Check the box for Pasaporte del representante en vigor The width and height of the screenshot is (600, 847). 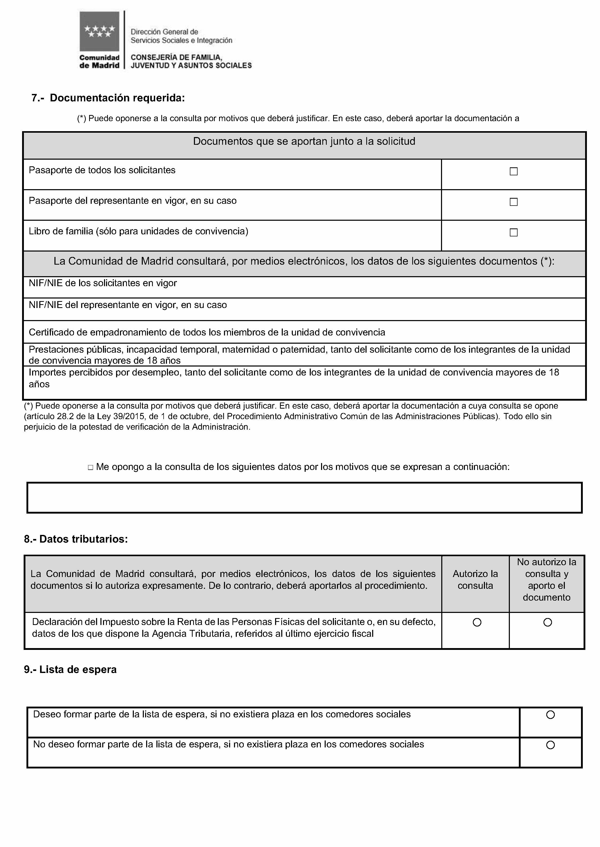(513, 202)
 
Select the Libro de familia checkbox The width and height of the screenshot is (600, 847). (513, 233)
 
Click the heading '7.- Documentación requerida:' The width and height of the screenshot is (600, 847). (108, 98)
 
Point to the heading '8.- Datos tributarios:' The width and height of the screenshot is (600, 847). (76, 539)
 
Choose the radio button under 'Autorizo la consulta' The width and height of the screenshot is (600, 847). (477, 622)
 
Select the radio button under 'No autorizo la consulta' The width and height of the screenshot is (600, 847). (548, 622)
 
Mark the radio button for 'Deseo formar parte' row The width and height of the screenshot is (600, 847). (550, 715)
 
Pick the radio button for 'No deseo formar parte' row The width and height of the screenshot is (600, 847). (550, 745)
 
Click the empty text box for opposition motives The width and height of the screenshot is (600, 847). (304, 498)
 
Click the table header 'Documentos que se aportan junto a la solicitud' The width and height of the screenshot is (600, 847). (304, 141)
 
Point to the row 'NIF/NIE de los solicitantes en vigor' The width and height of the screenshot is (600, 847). (103, 283)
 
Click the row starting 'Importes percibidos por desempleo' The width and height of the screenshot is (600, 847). (294, 378)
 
